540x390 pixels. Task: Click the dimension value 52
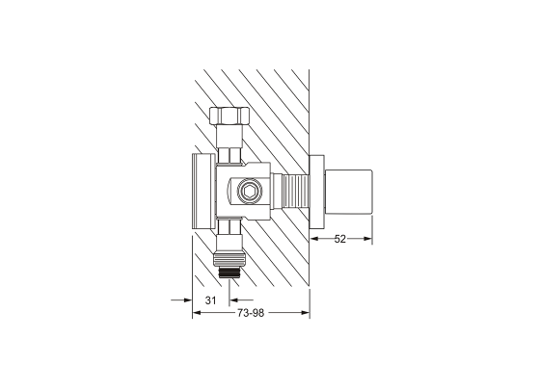click(339, 239)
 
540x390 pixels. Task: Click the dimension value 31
click(211, 300)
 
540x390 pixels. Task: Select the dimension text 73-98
click(251, 313)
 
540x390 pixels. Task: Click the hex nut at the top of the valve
click(229, 116)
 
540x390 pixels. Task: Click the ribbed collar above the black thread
click(229, 256)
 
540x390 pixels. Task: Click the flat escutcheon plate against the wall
click(317, 192)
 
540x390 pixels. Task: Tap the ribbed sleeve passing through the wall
click(295, 192)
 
